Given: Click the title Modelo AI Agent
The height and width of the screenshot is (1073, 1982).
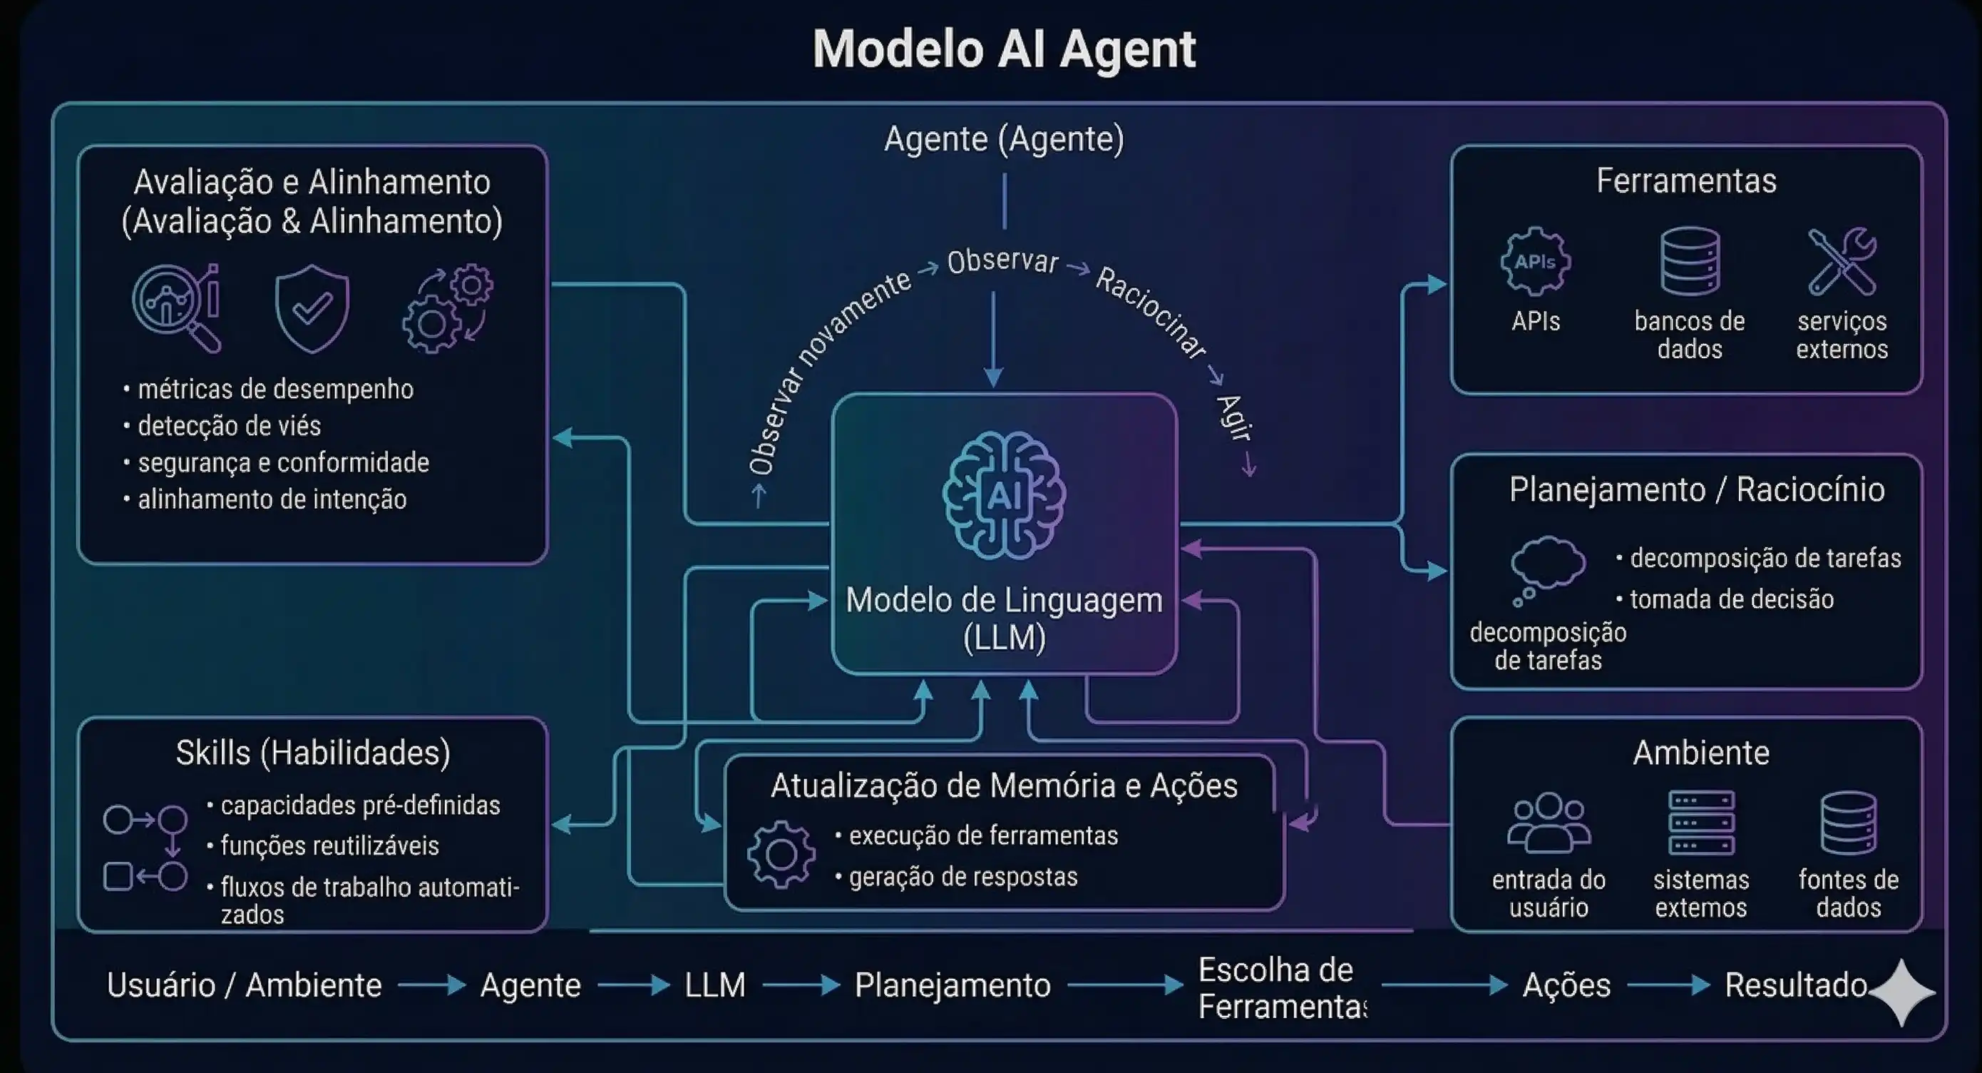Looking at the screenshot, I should pyautogui.click(x=1004, y=49).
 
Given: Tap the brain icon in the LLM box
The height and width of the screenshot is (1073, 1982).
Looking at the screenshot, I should pyautogui.click(x=1004, y=495).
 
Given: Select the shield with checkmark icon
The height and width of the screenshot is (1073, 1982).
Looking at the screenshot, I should pyautogui.click(x=312, y=308).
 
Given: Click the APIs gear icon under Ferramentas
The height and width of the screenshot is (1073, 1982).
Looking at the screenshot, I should pyautogui.click(x=1535, y=262).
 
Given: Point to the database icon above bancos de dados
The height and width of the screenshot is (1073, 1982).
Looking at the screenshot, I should pyautogui.click(x=1690, y=262).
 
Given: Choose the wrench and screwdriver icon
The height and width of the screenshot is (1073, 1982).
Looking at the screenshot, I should pyautogui.click(x=1842, y=262).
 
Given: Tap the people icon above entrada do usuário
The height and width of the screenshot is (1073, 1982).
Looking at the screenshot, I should pyautogui.click(x=1548, y=822).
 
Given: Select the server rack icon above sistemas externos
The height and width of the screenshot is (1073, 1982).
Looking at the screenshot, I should pyautogui.click(x=1701, y=822).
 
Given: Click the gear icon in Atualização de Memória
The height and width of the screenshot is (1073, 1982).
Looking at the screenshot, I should pyautogui.click(x=781, y=855).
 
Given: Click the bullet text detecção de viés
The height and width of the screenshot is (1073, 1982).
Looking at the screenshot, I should pyautogui.click(x=229, y=426).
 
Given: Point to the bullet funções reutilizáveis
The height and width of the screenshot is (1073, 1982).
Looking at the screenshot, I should pyautogui.click(x=329, y=846).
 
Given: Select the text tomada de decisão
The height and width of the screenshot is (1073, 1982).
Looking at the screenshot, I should pyautogui.click(x=1731, y=599).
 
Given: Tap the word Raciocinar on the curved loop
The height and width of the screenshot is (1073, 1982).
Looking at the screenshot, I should pyautogui.click(x=1149, y=312).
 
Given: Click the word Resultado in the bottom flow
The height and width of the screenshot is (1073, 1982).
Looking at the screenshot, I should pyautogui.click(x=1795, y=985).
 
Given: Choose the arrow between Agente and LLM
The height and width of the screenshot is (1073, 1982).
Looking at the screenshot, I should pyautogui.click(x=633, y=985).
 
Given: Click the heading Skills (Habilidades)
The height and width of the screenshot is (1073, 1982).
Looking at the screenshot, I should pyautogui.click(x=312, y=753).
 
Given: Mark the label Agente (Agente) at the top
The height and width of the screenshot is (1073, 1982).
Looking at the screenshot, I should pyautogui.click(x=1004, y=139).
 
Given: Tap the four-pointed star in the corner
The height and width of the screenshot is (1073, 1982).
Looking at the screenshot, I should pyautogui.click(x=1901, y=992).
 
